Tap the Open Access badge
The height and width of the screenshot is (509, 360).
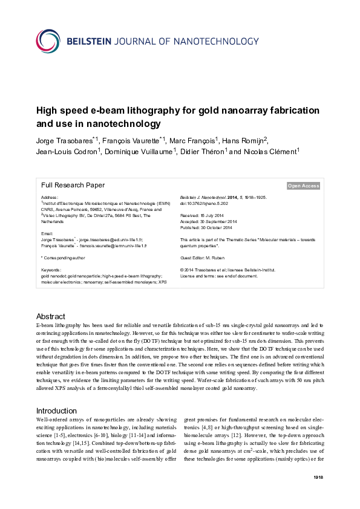(303, 186)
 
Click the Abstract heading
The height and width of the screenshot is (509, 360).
(51, 316)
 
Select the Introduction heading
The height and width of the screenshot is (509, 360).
(56, 393)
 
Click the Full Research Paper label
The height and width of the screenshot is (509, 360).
(73, 186)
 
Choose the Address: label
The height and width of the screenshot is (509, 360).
(50, 198)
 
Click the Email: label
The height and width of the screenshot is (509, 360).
(47, 233)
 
